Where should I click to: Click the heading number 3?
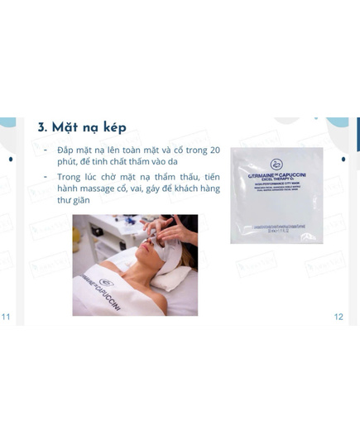tap(42, 129)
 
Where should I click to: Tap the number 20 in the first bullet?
tap(214, 151)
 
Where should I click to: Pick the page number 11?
tap(7, 317)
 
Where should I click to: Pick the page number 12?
tap(338, 317)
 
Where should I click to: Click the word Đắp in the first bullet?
tap(66, 151)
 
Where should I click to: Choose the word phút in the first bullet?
tap(67, 165)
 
